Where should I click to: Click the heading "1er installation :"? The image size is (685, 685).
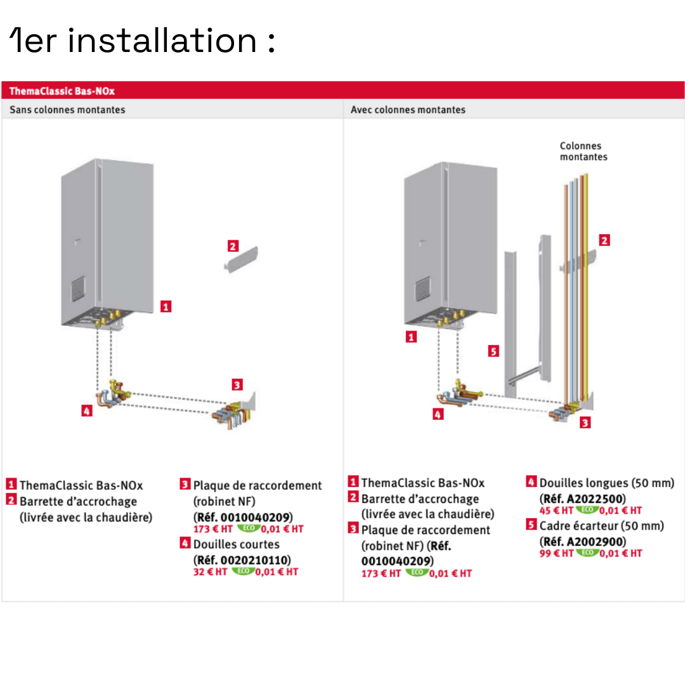143,41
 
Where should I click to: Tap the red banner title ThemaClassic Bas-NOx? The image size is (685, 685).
62,91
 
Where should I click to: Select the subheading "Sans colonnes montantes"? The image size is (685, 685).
67,110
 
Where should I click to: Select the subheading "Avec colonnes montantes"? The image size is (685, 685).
408,110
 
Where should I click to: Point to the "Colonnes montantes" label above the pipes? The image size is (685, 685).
583,151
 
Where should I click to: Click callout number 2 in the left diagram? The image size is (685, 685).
233,246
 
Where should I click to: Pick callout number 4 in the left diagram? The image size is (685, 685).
87,411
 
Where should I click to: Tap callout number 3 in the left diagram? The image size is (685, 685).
237,384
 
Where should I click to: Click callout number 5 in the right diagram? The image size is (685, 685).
493,350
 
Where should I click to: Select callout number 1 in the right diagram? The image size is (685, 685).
411,337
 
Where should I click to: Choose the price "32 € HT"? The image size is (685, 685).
210,571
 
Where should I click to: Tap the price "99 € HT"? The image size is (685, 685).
556,553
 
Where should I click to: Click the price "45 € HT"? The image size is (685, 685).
556,510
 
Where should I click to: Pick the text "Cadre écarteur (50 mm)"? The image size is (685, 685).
601,525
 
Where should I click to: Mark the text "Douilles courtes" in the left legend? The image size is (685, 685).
236,544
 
